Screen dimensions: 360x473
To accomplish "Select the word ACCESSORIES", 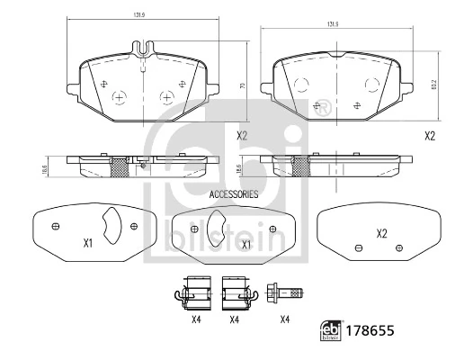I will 233,194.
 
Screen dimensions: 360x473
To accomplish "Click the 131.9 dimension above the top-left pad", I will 139,15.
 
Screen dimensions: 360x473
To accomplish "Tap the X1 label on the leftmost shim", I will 88,243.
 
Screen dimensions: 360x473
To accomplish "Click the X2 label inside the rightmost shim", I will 381,234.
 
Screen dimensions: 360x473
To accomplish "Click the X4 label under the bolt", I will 284,319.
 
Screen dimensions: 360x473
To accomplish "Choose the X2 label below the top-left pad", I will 242,136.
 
